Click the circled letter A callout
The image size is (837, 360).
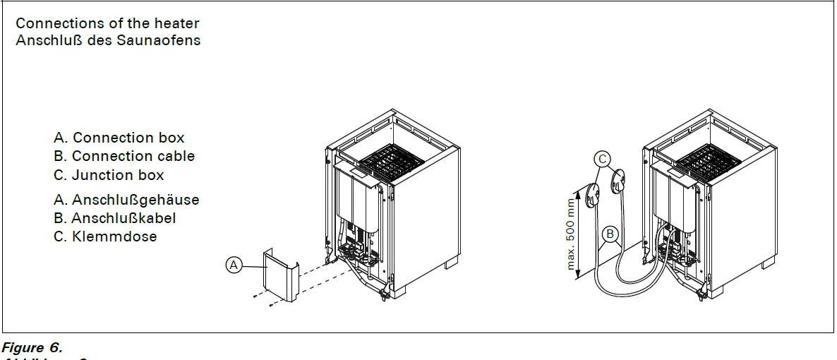point(234,265)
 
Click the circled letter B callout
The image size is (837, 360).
point(609,234)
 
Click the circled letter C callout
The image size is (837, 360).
point(602,159)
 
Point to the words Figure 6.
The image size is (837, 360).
point(32,347)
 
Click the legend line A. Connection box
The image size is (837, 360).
point(119,138)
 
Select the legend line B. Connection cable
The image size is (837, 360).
point(124,156)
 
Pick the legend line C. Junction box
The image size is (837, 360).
point(108,175)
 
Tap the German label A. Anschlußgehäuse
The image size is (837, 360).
point(126,200)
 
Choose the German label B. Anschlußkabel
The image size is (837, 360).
point(114,218)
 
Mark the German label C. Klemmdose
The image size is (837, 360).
point(104,236)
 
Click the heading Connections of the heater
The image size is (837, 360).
point(107,23)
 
